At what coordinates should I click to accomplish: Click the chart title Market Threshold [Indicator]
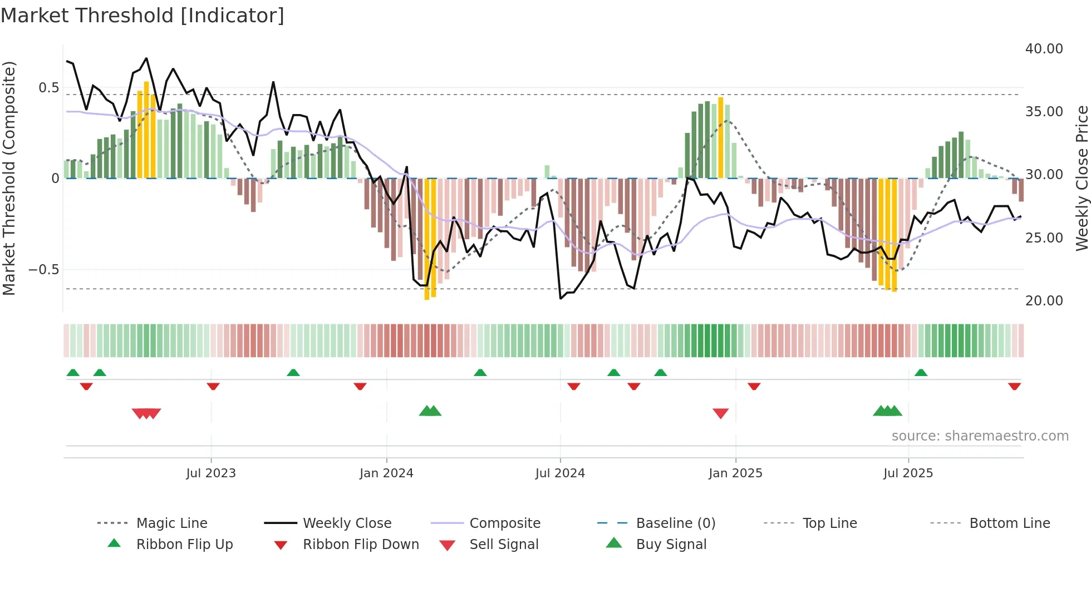(142, 16)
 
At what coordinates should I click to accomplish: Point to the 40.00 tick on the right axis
(1044, 49)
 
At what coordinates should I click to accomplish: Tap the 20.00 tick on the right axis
(1044, 301)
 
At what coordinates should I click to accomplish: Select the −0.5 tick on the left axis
(43, 270)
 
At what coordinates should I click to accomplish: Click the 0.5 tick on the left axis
(48, 88)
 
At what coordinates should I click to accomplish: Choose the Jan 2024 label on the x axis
(386, 473)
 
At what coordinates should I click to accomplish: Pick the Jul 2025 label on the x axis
(908, 473)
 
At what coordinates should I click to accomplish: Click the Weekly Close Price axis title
(1082, 178)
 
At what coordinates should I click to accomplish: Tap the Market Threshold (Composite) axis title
(9, 178)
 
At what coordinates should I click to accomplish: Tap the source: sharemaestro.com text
(980, 436)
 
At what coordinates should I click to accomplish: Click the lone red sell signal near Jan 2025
(721, 413)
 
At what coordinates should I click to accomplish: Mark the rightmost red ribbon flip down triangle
(1014, 386)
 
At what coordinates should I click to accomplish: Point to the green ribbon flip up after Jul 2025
(921, 373)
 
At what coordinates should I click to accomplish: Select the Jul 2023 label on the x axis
(211, 473)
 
